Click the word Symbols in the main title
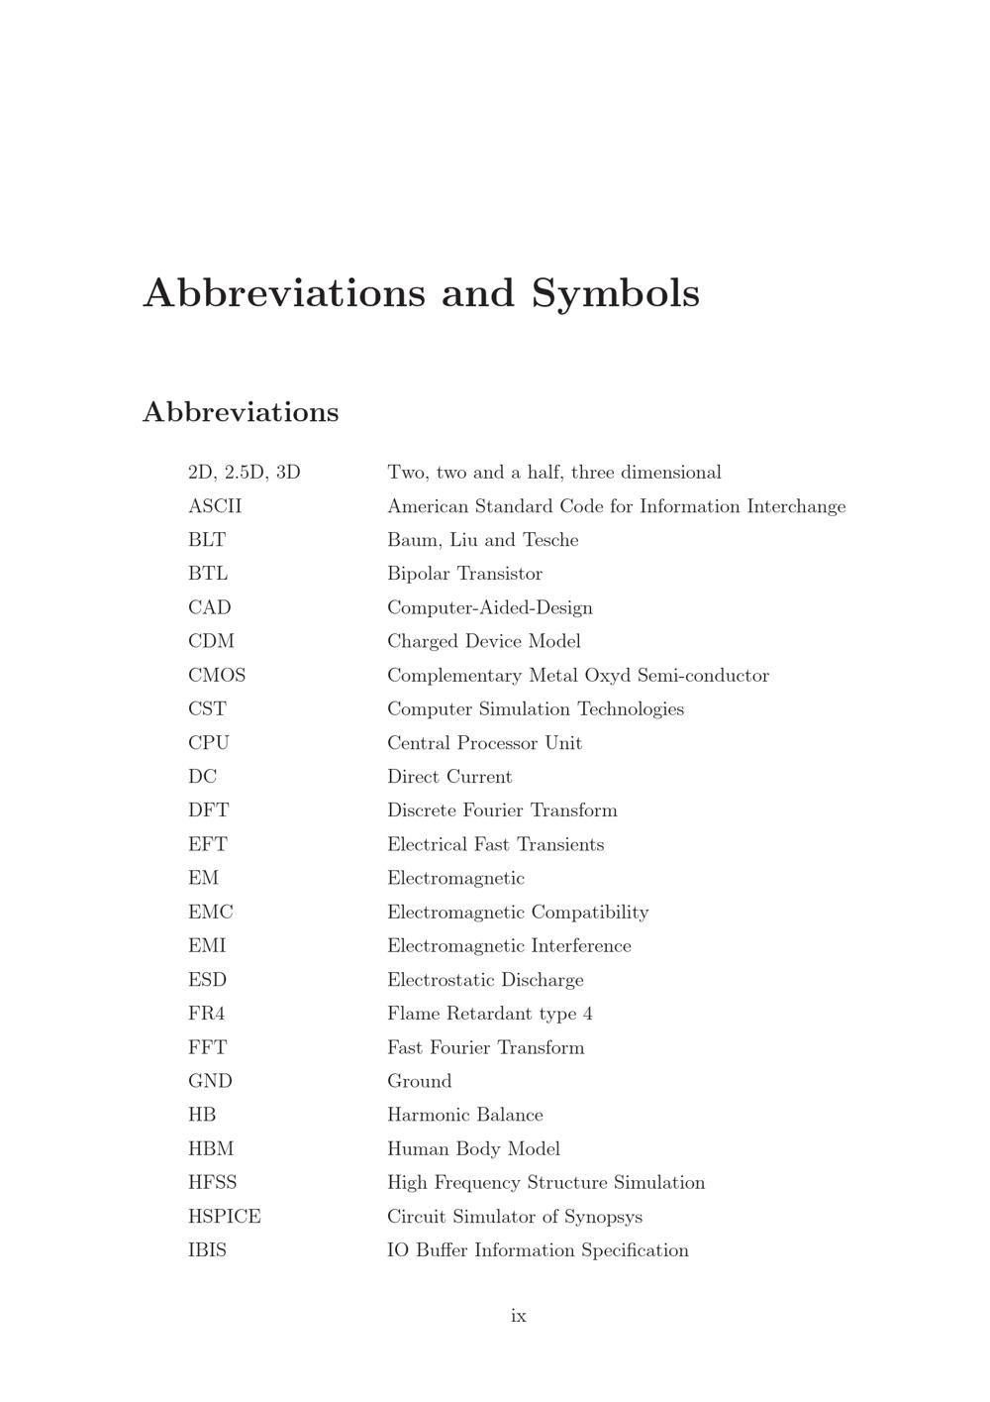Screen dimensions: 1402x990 [615, 293]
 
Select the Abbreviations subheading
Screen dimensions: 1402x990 [241, 412]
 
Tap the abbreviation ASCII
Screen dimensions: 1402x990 [215, 506]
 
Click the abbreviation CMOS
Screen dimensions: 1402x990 [217, 676]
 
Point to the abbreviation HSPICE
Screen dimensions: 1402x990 [225, 1217]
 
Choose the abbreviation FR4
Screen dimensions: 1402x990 [207, 1014]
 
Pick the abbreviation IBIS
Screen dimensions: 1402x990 [207, 1250]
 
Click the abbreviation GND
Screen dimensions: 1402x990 [210, 1081]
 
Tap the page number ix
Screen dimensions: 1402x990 [519, 1316]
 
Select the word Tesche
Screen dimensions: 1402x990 [550, 540]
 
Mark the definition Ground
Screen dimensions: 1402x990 [420, 1081]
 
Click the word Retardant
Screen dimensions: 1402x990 [487, 1014]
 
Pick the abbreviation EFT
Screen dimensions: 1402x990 [208, 844]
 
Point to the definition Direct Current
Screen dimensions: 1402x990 [449, 777]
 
